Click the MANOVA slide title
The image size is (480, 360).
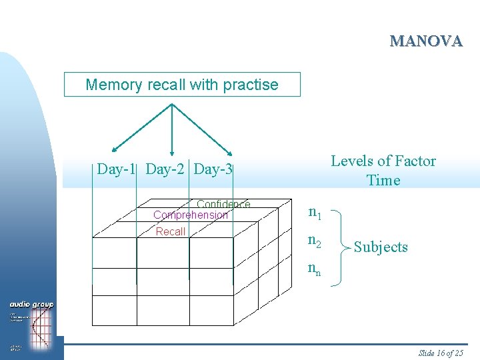pos(426,41)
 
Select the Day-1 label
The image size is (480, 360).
pos(117,169)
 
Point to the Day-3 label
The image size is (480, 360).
pos(213,169)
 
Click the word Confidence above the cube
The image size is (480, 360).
pos(223,205)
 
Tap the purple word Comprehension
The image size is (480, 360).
pos(191,215)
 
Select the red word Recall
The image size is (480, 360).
pos(171,231)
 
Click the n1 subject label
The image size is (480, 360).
pos(314,213)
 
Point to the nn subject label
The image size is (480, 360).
pos(314,269)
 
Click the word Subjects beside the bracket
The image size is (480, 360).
pos(381,247)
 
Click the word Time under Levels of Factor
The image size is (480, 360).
pos(383,180)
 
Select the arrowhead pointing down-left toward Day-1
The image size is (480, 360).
pos(114,151)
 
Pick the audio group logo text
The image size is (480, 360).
pos(32,305)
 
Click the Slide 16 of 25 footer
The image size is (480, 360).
pos(440,353)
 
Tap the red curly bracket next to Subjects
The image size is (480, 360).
pos(341,247)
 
